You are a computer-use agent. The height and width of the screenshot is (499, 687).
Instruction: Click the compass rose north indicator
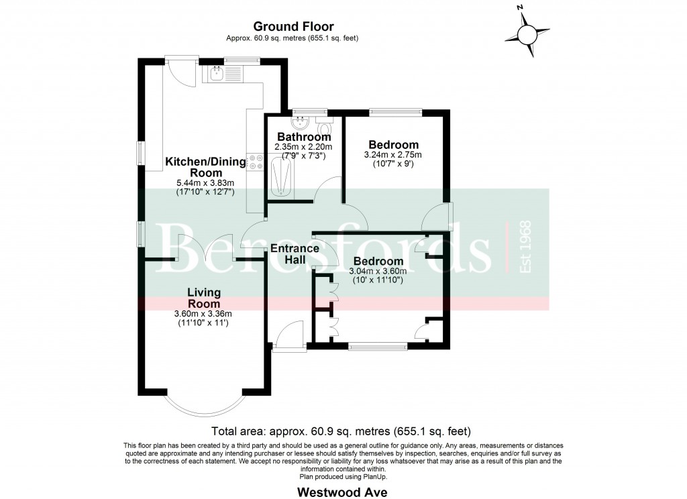coord(527,34)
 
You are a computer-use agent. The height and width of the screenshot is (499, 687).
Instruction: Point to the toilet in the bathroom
coord(324,127)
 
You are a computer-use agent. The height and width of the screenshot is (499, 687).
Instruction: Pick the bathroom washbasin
coord(299,124)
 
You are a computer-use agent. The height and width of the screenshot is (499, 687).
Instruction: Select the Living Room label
coord(203,298)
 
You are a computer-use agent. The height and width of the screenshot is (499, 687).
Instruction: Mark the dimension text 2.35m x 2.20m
coord(304,147)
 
